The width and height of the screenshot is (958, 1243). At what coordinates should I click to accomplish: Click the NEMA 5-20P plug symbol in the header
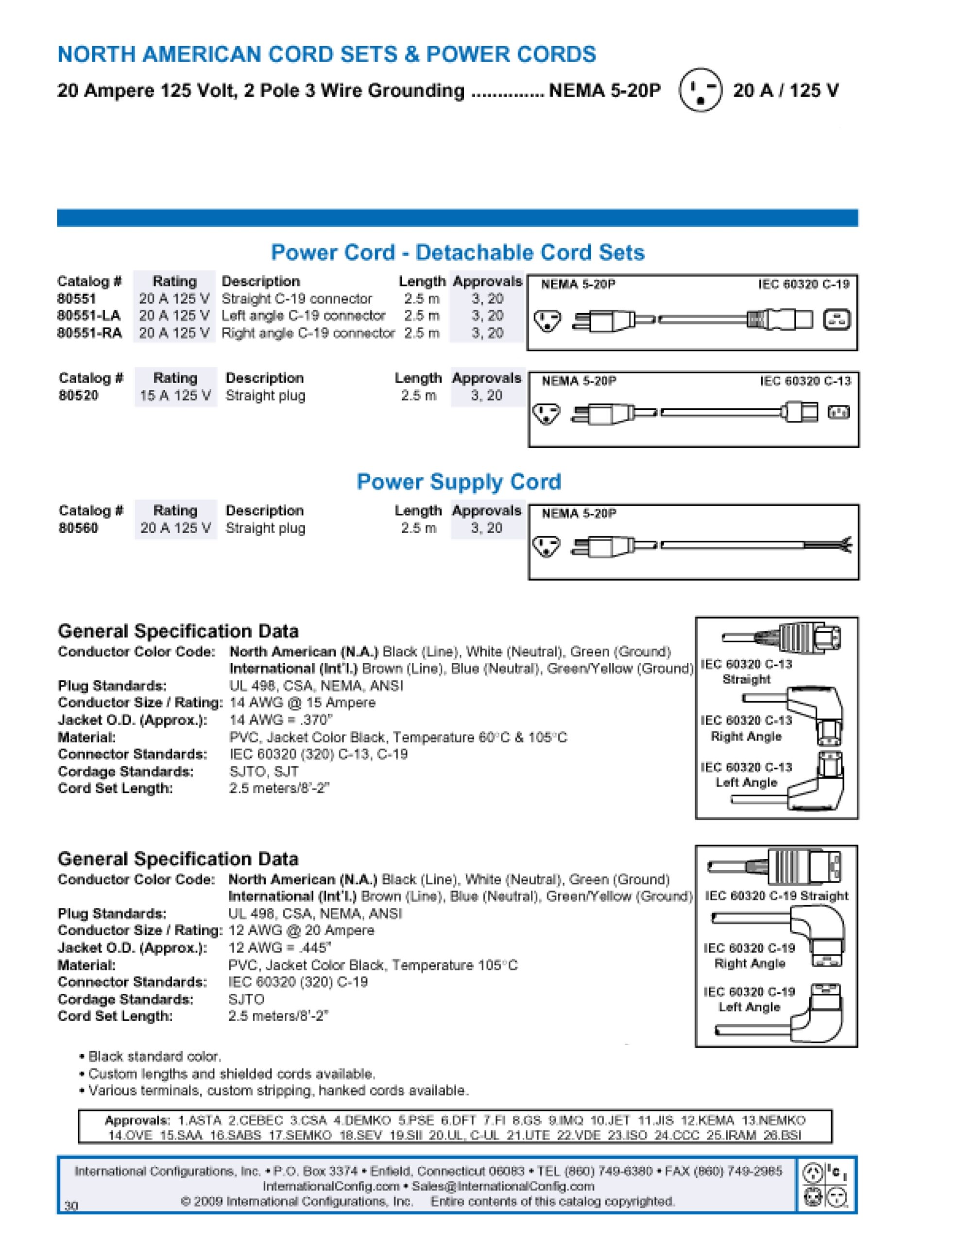click(700, 89)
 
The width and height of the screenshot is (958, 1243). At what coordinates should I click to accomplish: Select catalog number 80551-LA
click(89, 316)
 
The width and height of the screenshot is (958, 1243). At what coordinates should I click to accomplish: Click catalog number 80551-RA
click(89, 333)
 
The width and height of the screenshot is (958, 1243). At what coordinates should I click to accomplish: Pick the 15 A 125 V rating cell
click(175, 396)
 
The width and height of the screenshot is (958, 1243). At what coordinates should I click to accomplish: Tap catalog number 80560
click(79, 528)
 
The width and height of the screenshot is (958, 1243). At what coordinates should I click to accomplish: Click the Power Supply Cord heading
click(459, 482)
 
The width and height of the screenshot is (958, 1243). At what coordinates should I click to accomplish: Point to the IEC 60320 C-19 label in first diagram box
click(803, 285)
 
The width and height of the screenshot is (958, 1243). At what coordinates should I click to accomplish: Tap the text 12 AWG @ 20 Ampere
click(301, 930)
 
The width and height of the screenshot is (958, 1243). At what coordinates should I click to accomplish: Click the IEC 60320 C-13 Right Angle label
click(746, 728)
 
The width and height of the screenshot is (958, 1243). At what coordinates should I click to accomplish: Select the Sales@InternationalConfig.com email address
click(502, 1187)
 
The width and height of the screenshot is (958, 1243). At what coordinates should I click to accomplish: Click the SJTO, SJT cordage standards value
click(264, 772)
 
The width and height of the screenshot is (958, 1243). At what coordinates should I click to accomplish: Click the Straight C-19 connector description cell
click(297, 299)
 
